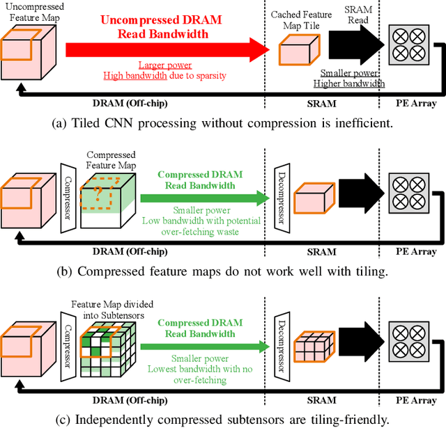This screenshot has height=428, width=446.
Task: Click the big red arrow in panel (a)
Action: [x=167, y=49]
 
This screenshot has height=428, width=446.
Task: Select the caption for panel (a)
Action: [x=223, y=125]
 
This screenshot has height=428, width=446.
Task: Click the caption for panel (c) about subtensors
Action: [x=223, y=419]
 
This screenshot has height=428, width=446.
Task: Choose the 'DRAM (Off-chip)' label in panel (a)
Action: [x=131, y=104]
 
